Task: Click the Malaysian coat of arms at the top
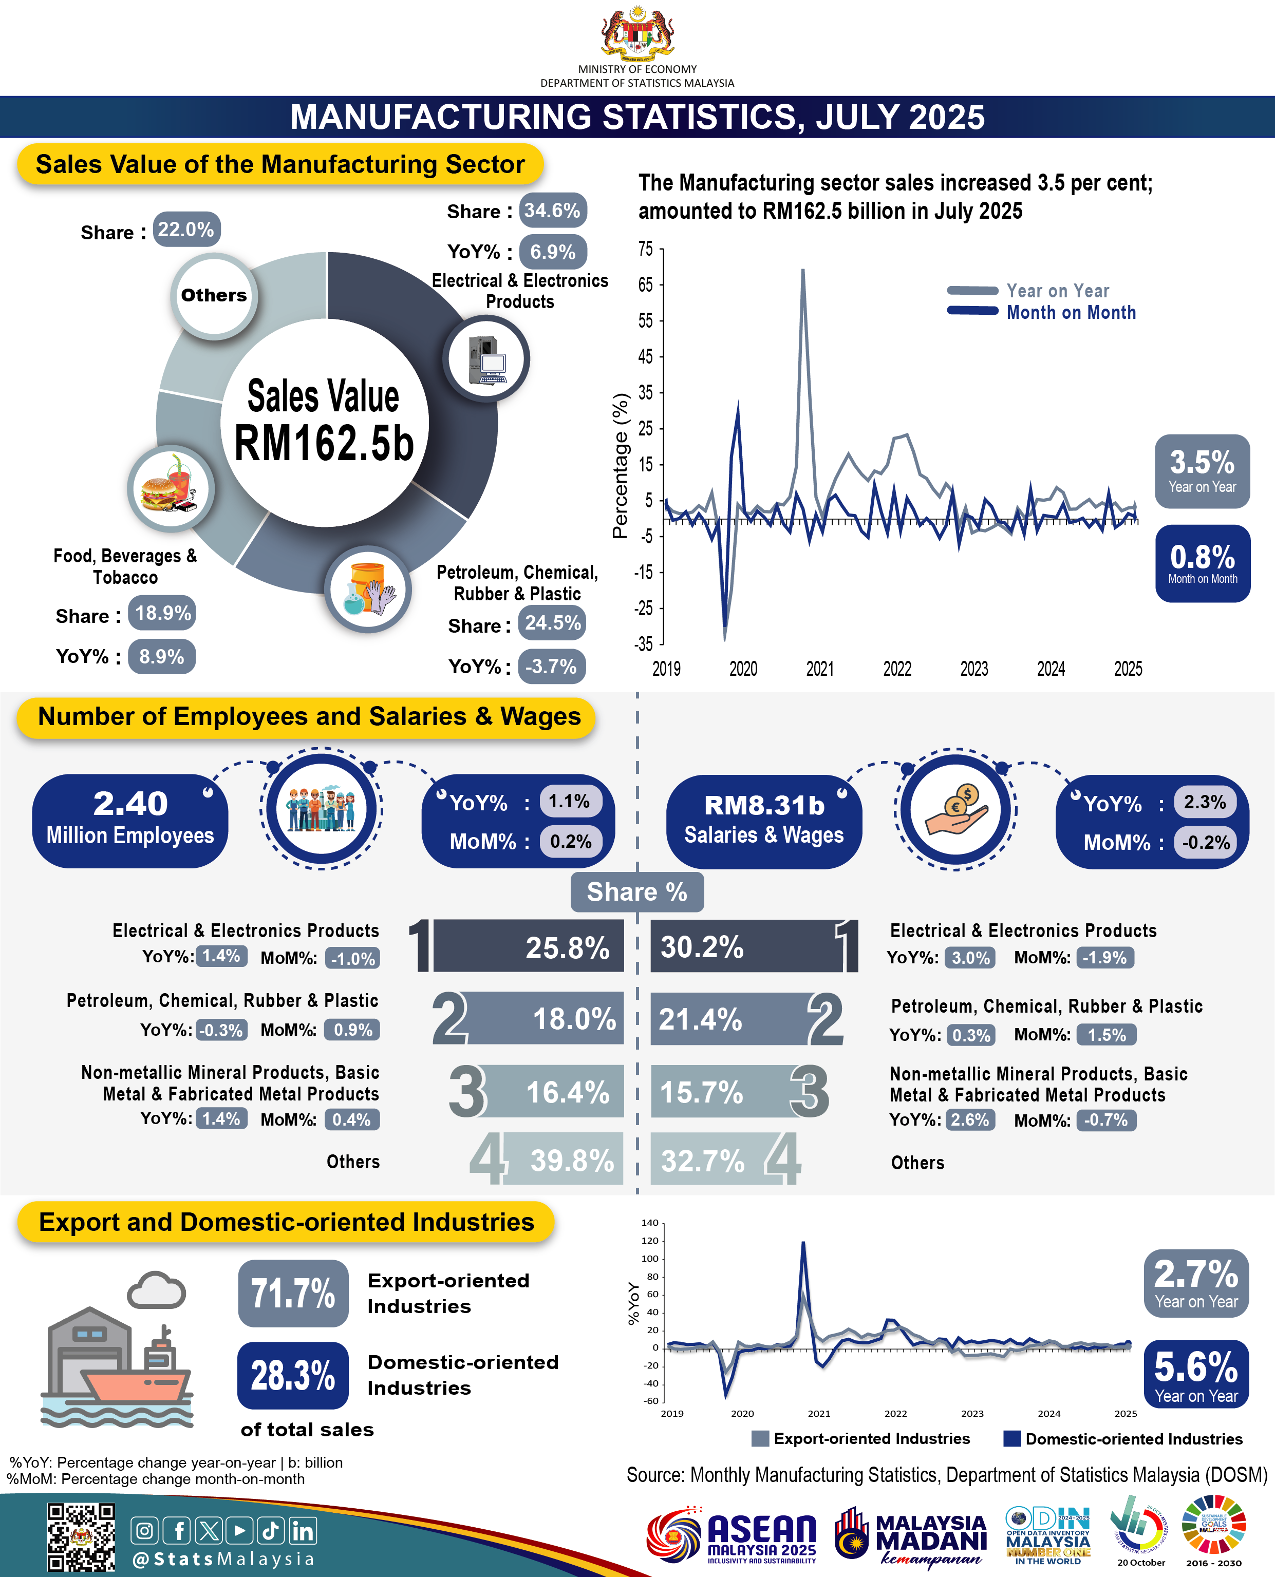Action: [637, 33]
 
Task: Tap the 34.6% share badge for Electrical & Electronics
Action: [552, 211]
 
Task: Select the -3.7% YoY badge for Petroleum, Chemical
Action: [552, 667]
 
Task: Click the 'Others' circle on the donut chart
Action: [214, 296]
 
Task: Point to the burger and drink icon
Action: [171, 489]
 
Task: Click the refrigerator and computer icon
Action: [487, 359]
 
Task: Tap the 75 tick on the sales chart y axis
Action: [646, 250]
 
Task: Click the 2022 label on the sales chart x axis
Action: [897, 669]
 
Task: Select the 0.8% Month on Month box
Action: [1202, 564]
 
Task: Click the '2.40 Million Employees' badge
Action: [130, 821]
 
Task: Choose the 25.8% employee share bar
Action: [528, 947]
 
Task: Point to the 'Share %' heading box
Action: [637, 892]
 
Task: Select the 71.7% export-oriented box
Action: [293, 1294]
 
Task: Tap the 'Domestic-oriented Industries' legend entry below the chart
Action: [1123, 1439]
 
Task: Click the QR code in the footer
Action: [81, 1537]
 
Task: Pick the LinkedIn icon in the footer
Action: [303, 1531]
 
